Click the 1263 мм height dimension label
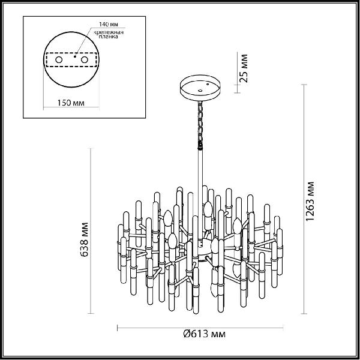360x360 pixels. [x=310, y=201]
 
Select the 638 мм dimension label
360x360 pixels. [x=84, y=239]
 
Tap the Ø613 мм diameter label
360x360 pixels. [x=205, y=334]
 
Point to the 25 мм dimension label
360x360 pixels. [x=244, y=68]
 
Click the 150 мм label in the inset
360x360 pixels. [x=71, y=103]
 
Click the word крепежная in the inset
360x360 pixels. [x=109, y=32]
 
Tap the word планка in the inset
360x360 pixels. [x=108, y=37]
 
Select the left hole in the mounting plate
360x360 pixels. [x=59, y=59]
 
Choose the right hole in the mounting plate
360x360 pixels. [x=84, y=59]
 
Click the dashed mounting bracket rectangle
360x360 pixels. [x=71, y=59]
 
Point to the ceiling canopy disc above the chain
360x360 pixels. [x=200, y=88]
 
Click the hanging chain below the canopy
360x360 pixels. [x=200, y=125]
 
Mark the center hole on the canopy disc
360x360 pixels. [x=200, y=91]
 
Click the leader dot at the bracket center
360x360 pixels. [x=75, y=56]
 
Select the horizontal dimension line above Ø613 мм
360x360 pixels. [x=200, y=328]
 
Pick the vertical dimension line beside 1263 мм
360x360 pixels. [x=304, y=199]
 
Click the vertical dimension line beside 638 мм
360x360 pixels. [x=91, y=231]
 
